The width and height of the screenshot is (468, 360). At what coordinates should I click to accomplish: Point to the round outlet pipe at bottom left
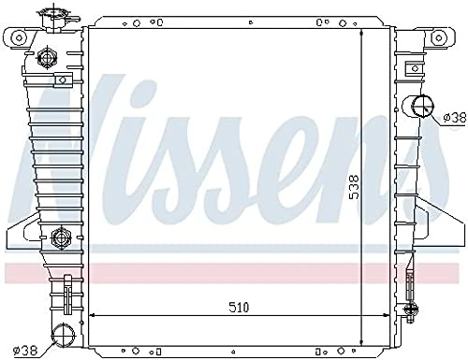point(63,332)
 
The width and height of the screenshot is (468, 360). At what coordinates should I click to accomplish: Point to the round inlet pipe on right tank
point(418,106)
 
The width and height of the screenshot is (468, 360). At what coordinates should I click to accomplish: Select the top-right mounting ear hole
point(437,38)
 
